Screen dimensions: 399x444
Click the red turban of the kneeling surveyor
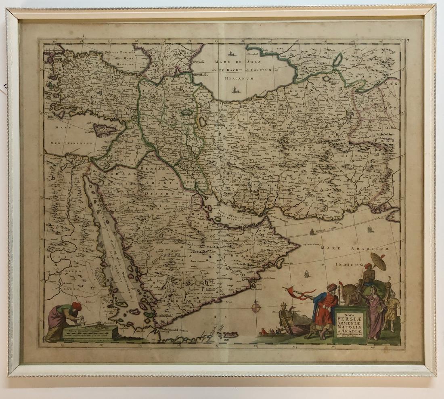coord(76,306)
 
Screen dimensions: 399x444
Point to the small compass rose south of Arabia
coord(256,308)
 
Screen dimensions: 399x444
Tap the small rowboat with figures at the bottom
coord(268,332)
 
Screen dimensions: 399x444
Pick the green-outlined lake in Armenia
coord(186,113)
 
